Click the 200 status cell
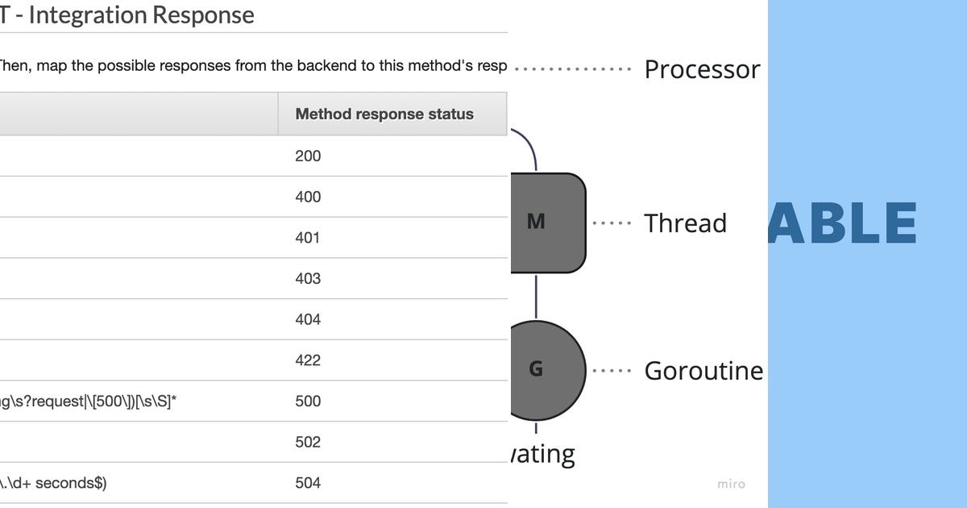(x=308, y=156)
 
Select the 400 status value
(x=308, y=197)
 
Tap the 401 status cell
(x=308, y=238)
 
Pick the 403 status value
(x=308, y=278)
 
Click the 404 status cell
(x=308, y=319)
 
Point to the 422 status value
(x=308, y=360)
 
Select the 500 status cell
(x=308, y=401)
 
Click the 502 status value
(x=308, y=442)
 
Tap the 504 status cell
(x=308, y=483)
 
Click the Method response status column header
(x=384, y=114)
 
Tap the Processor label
(x=702, y=69)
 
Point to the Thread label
(x=685, y=223)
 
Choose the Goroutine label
(x=703, y=371)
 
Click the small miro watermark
(x=731, y=484)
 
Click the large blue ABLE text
(x=842, y=223)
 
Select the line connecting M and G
(x=536, y=296)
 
